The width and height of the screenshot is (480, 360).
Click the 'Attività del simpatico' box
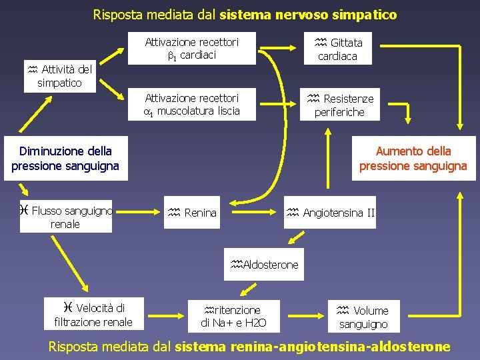pos(60,75)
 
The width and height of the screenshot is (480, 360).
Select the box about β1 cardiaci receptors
pos(191,49)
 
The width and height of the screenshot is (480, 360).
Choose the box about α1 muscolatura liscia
pos(191,105)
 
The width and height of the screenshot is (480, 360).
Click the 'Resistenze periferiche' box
pos(339,105)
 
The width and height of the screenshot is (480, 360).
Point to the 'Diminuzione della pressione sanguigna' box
pos(65,159)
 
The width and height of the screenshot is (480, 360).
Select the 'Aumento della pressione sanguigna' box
pos(413,159)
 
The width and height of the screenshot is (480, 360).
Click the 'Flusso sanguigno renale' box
pos(65,217)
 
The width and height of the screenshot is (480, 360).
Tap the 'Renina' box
pos(192,213)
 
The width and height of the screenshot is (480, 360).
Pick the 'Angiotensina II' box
pos(331,213)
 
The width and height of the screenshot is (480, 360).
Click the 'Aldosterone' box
pos(264,265)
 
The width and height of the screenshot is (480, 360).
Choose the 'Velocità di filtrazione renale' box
pos(93,315)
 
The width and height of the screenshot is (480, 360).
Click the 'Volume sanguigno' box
pos(363,317)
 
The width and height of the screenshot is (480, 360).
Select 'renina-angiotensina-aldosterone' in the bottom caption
pos(339,347)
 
